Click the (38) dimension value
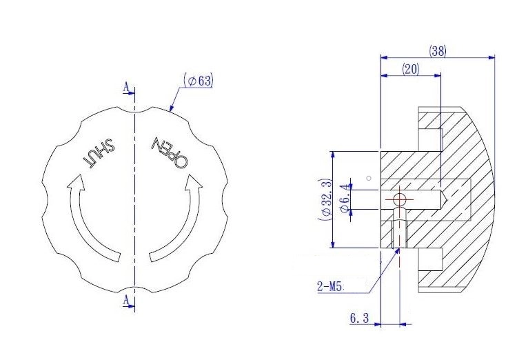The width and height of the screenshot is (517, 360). (437, 51)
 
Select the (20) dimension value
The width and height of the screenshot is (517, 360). (411, 70)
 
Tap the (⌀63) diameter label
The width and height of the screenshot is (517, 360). (199, 81)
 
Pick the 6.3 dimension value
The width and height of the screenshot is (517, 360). (361, 318)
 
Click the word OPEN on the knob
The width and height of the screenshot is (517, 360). (170, 152)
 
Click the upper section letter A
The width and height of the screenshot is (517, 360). (125, 87)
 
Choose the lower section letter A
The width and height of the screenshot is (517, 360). (125, 300)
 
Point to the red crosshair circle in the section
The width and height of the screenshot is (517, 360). (398, 200)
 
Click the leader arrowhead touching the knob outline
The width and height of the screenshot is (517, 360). (171, 108)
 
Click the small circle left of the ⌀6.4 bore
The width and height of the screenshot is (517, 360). (369, 178)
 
